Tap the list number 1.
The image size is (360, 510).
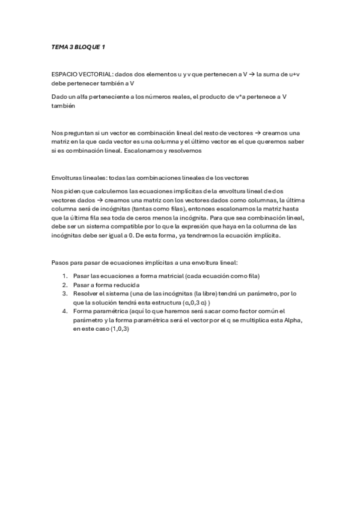click(x=64, y=275)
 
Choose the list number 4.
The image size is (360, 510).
click(x=64, y=312)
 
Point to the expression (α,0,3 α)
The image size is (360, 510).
click(x=194, y=303)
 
